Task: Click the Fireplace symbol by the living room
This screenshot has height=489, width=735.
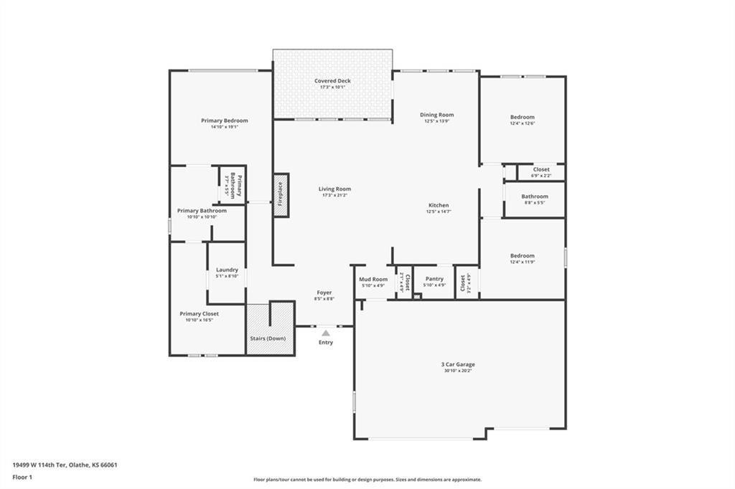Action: pos(281,194)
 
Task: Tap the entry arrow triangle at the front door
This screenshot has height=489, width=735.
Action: pos(326,333)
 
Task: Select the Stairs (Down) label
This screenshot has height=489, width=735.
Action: pos(268,338)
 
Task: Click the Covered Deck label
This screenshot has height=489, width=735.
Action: pos(332,81)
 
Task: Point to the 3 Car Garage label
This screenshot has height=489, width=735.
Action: pos(458,364)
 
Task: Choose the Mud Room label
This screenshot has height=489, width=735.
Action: pos(373,279)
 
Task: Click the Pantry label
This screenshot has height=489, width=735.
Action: pos(434,279)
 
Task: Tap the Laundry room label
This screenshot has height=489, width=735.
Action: pos(227,270)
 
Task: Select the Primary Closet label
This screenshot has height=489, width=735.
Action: pos(199,313)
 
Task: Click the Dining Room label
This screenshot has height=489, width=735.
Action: pos(436,115)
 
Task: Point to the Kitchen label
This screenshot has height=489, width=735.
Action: pos(439,205)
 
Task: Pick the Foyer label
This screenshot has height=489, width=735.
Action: pos(324,293)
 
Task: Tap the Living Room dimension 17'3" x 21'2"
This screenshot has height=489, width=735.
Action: pos(335,196)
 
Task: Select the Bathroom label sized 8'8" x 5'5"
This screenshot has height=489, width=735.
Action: pos(535,196)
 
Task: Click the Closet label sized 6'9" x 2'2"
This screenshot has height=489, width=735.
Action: pos(541,170)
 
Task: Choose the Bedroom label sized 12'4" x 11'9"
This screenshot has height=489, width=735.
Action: pos(522,256)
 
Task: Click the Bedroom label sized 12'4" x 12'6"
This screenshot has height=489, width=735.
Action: pos(522,117)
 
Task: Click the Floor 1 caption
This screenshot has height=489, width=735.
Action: pos(22,477)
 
